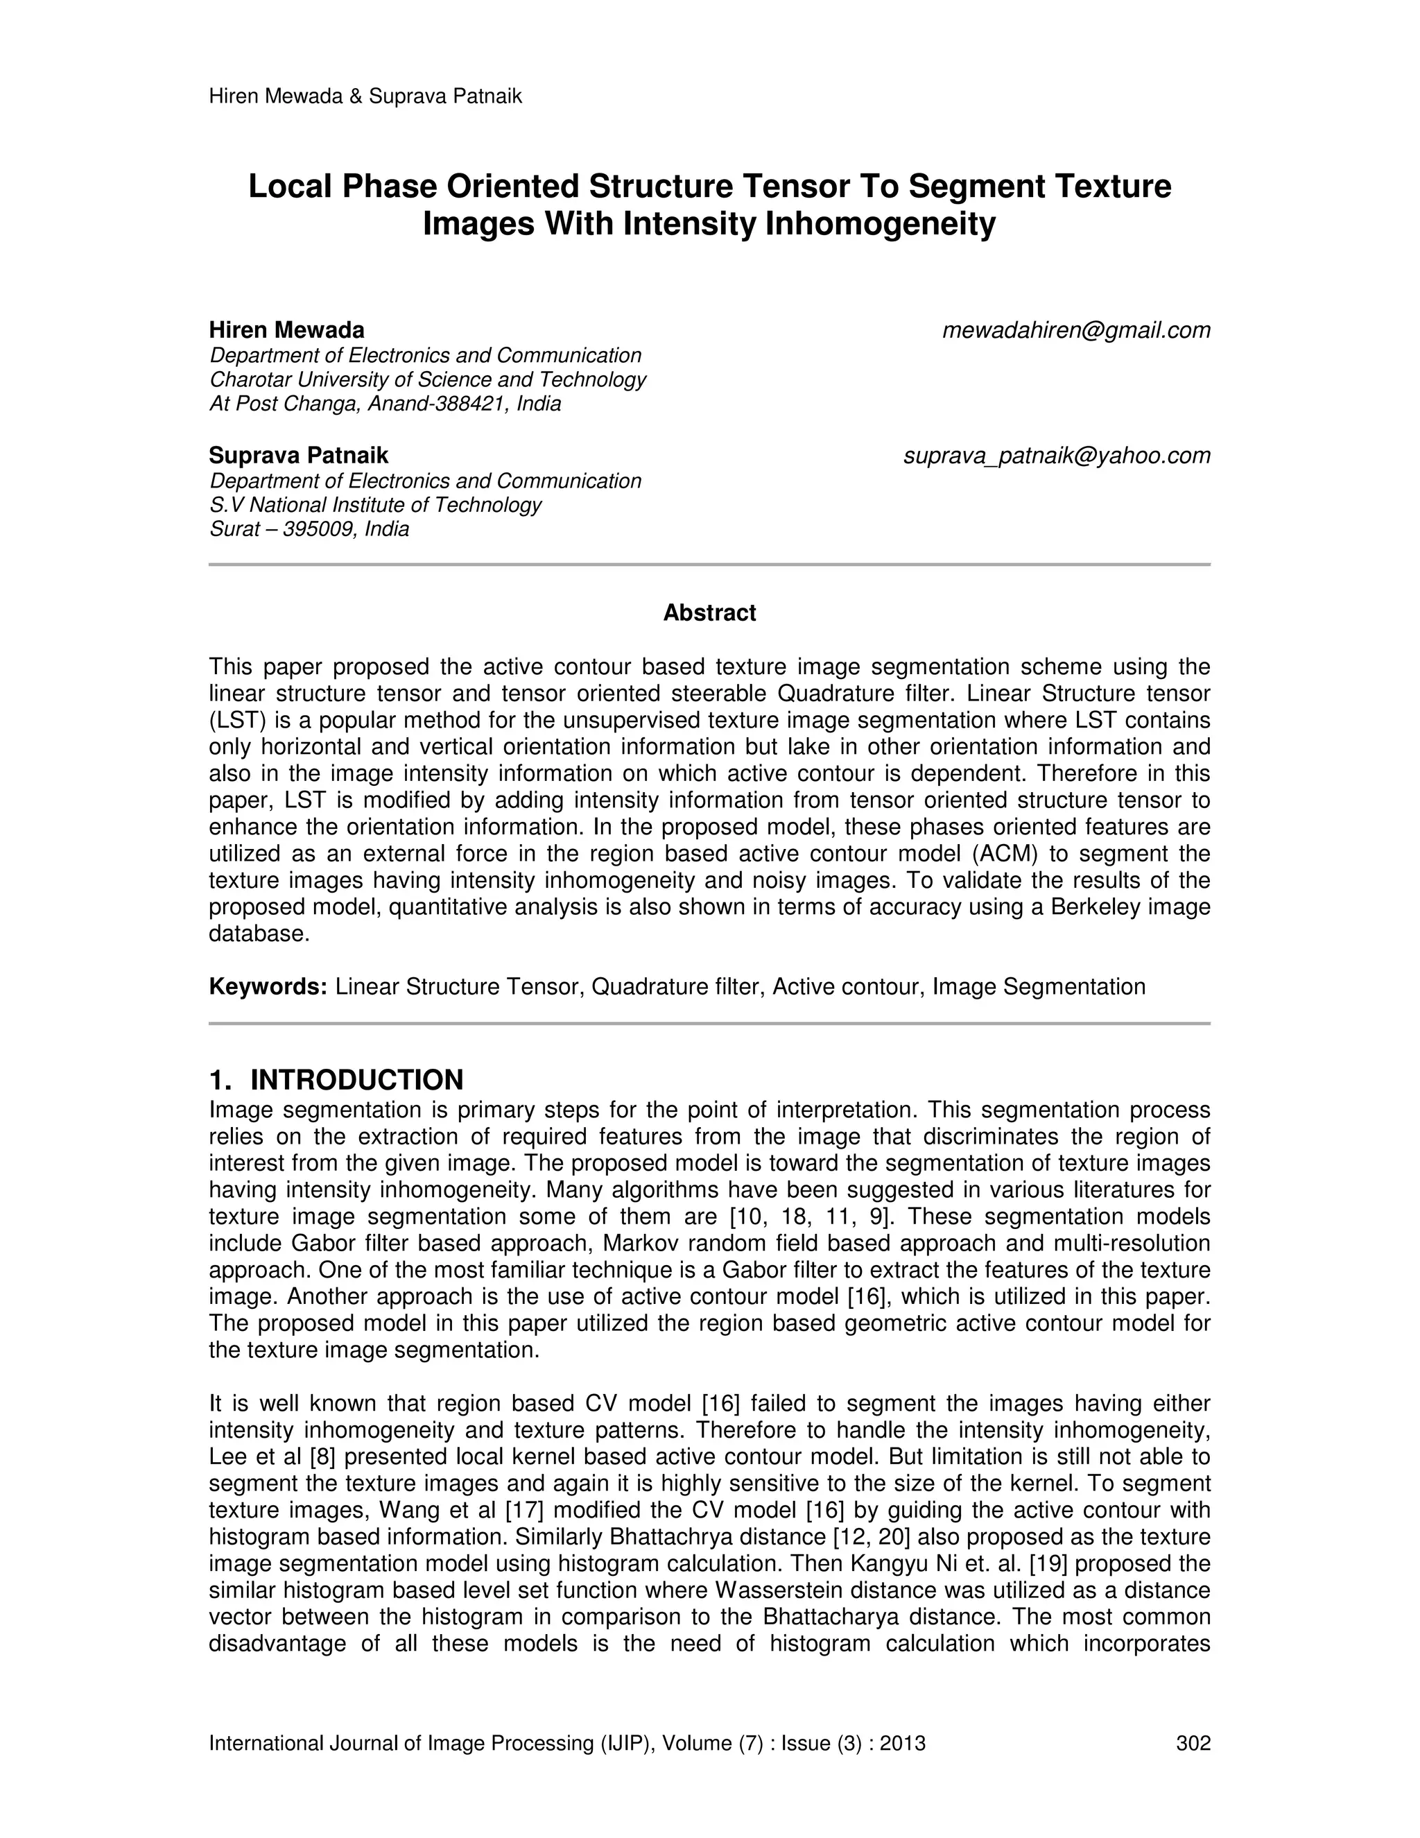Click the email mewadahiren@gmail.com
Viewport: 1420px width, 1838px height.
pyautogui.click(x=1076, y=331)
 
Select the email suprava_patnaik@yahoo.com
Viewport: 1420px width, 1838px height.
pyautogui.click(x=1057, y=456)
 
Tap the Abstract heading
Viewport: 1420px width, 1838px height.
pyautogui.click(x=709, y=612)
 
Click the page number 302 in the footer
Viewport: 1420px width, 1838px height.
pyautogui.click(x=1193, y=1743)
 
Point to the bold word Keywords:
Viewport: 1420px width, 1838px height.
pyautogui.click(x=268, y=986)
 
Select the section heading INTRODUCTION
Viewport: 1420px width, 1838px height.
pyautogui.click(x=356, y=1080)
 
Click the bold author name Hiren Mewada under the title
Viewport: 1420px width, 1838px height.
pyautogui.click(x=287, y=330)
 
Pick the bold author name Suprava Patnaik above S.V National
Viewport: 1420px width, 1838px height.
pyautogui.click(x=299, y=456)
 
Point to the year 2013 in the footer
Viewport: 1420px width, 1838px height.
pyautogui.click(x=903, y=1743)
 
